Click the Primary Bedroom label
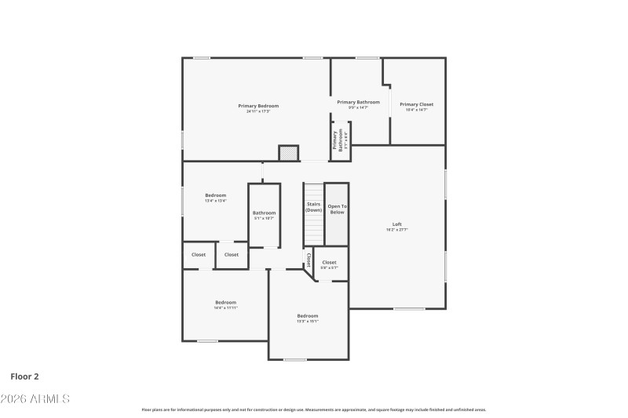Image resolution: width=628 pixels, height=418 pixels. point(258,106)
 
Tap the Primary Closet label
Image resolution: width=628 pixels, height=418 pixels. point(416,104)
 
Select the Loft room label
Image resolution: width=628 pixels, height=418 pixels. point(396,224)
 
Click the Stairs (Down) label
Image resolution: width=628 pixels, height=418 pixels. point(314,208)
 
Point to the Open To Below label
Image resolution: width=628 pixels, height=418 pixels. point(337,209)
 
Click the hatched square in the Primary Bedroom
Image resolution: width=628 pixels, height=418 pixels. point(289,153)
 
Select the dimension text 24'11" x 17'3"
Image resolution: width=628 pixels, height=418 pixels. point(258,111)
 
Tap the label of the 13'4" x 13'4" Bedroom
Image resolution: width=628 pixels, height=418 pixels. point(216,195)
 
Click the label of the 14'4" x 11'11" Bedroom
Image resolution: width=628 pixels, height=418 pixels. point(226,302)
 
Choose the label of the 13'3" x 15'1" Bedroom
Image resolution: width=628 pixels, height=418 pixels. point(308,315)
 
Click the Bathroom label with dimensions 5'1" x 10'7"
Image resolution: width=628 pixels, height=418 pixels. point(264,213)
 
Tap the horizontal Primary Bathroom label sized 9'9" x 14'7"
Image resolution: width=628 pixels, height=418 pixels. point(358,102)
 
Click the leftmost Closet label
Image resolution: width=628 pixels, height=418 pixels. point(199,254)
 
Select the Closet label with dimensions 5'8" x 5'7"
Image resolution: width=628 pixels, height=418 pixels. point(329,262)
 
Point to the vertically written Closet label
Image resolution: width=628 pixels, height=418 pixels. point(309,259)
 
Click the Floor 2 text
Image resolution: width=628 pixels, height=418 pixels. point(24,376)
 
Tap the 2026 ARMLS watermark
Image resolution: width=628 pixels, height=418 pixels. point(35,398)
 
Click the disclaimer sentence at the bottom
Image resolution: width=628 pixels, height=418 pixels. point(313,409)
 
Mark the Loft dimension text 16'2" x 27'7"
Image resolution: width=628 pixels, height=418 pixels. point(396,230)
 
